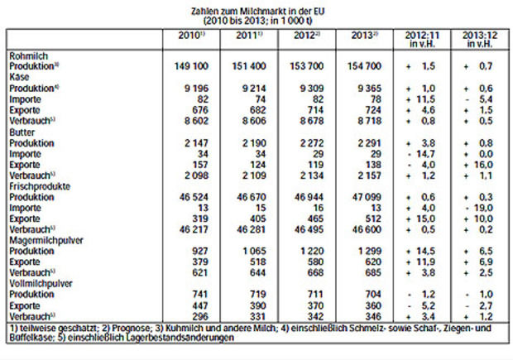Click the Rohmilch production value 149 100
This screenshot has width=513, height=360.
[x=191, y=64]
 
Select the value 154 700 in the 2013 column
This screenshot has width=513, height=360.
[x=361, y=64]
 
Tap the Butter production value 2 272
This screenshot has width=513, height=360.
[x=308, y=141]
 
